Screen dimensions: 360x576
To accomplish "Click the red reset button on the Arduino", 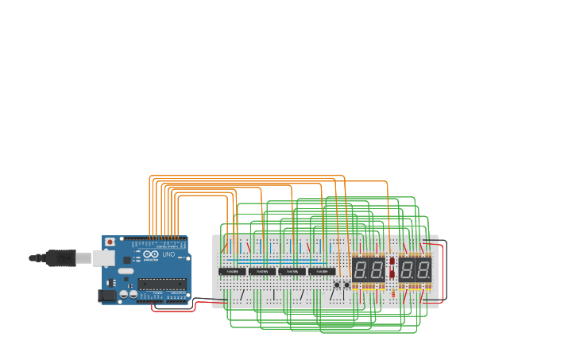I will tap(109, 242).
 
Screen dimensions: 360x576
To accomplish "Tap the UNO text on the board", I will tap(168, 254).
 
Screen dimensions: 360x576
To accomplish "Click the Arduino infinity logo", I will tap(151, 254).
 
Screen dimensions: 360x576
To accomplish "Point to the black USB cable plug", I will tap(60, 257).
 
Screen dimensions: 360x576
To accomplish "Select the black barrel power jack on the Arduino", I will tap(106, 296).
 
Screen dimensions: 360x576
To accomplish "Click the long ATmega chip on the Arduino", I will tap(162, 284).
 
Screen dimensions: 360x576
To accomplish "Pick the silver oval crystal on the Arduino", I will tap(126, 271).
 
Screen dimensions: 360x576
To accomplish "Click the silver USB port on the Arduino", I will tap(102, 257).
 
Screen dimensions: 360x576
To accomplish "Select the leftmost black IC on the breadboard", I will tap(232, 271).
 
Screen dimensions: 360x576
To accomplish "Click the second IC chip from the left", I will tap(261, 271).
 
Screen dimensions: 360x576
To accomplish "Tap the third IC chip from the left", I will tap(292, 271).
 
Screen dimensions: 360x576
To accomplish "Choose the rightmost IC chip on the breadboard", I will tap(321, 271).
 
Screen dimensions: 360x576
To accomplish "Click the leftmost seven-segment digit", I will tap(360, 269).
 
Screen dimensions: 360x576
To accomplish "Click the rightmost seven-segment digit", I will tap(424, 269).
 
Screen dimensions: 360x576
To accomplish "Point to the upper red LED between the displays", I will tap(392, 261).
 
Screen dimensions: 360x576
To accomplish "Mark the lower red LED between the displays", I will tap(392, 274).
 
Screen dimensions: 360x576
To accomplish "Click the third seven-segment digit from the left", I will tap(407, 269).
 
